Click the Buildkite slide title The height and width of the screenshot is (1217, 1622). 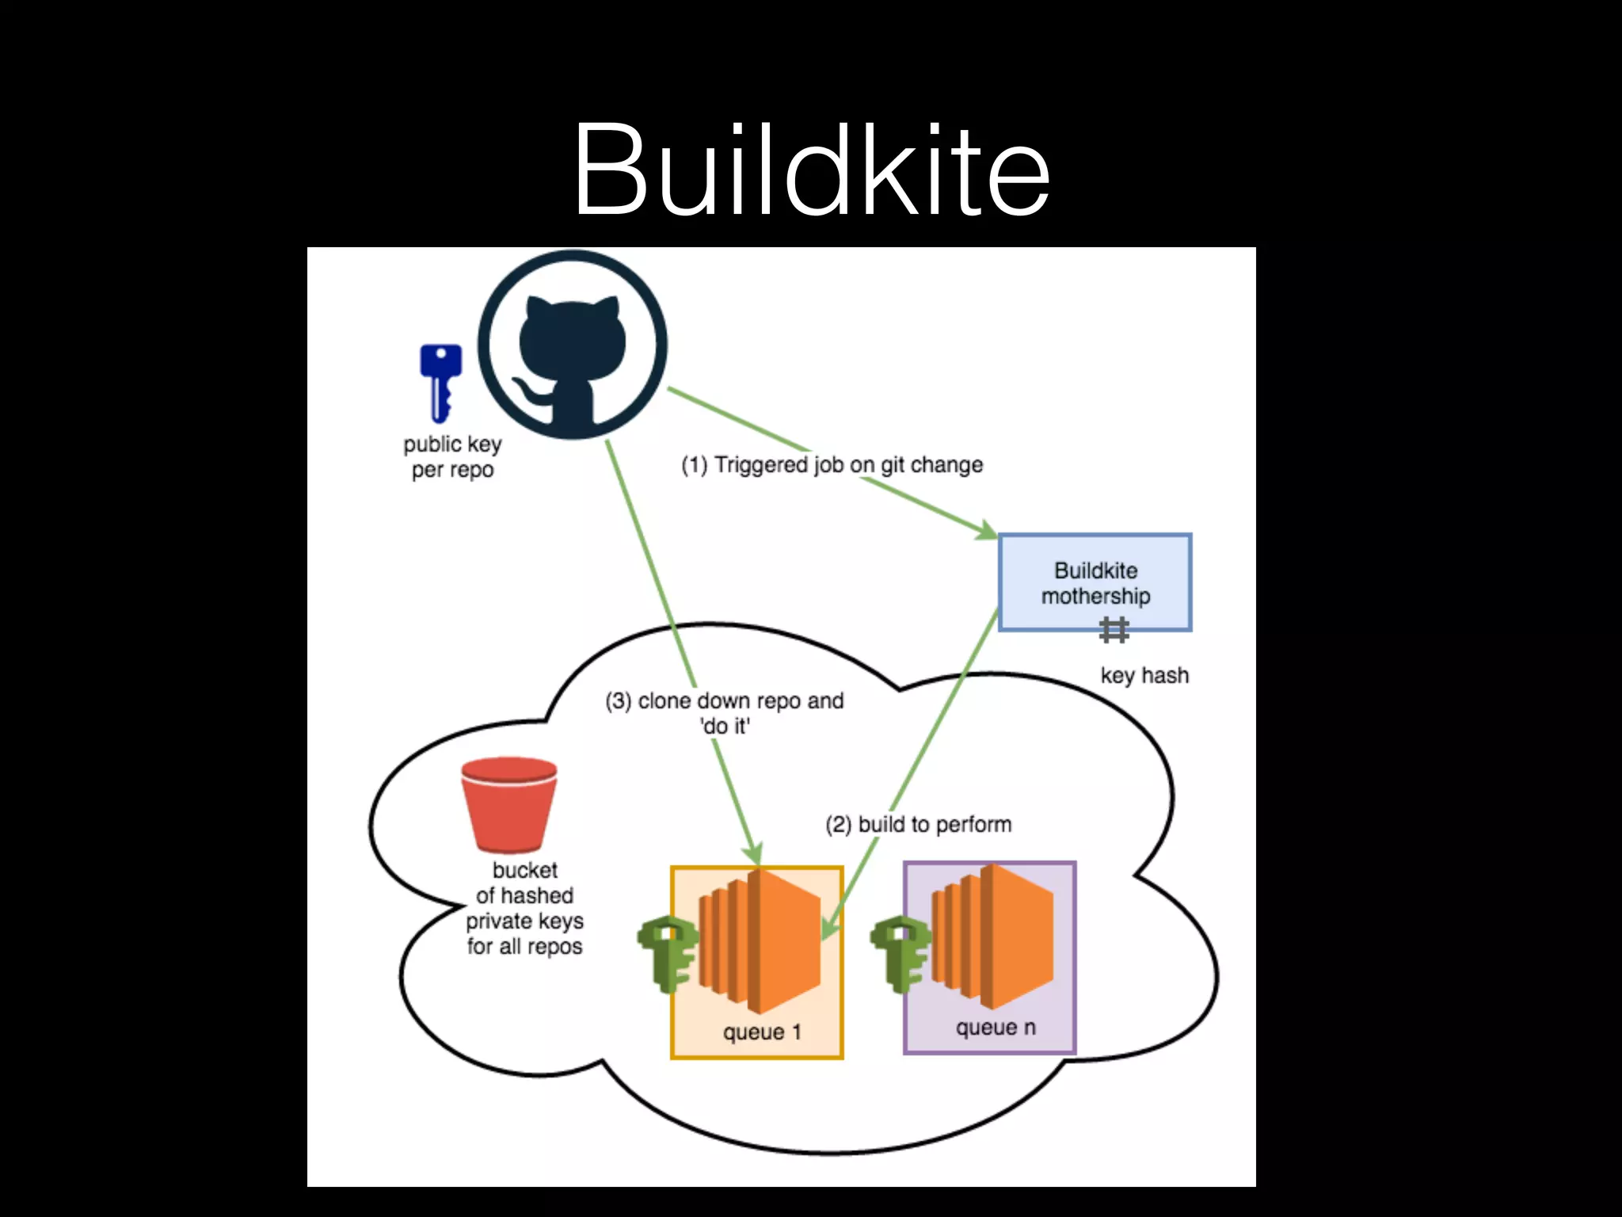coord(811,170)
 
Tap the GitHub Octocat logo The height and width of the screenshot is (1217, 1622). coord(573,345)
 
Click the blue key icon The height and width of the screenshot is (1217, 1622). coord(440,382)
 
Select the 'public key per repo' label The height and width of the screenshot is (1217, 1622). coord(452,456)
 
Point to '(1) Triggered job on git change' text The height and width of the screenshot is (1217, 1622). coord(832,464)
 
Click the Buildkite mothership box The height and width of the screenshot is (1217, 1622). coord(1095,582)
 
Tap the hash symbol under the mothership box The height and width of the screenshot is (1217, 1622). coord(1114,631)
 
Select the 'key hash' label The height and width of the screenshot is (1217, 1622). coord(1144,675)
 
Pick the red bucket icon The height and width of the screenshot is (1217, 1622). coord(509,804)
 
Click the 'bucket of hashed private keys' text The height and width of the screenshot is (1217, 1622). coord(524,908)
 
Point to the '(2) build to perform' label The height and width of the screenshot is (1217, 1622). coord(918,824)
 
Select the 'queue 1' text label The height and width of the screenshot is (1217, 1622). coord(762,1032)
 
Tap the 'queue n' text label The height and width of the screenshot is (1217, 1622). coord(995,1028)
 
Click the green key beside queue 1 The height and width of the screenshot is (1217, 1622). coord(668,953)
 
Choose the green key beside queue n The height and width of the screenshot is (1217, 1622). coord(900,953)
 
